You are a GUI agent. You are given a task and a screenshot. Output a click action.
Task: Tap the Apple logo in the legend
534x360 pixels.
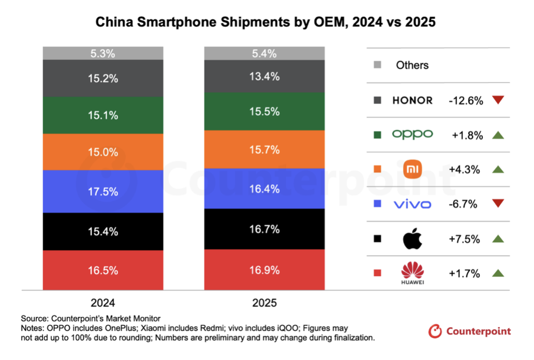point(412,239)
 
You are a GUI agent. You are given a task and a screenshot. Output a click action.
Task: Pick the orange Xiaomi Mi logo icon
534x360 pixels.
point(412,169)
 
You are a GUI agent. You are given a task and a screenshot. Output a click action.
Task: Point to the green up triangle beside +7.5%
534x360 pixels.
point(498,239)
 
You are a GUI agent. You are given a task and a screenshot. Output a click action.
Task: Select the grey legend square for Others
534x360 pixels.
point(377,65)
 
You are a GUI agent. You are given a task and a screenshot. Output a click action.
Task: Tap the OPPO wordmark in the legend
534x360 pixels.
point(412,134)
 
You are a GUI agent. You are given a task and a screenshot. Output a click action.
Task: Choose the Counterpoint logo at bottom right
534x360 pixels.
point(470,331)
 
